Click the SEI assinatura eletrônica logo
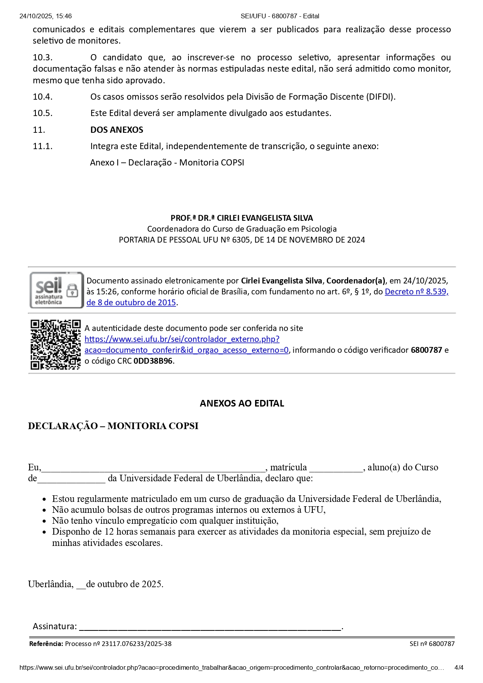pos(56,290)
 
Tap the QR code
pos(55,344)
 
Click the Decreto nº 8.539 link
pos(416,292)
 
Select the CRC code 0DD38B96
pos(153,361)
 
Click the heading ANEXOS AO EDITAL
pos(242,403)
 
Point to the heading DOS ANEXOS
pos(117,130)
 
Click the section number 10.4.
pos(42,97)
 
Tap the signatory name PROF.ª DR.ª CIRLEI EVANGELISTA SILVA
pos(242,218)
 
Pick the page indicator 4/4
pos(459,667)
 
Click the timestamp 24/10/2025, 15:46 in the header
pos(46,16)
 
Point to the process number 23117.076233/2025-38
pos(136,644)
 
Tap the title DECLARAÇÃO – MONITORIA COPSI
pos(113,426)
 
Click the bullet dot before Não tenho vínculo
pos(44,521)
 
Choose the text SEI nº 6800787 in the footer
pos(432,644)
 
